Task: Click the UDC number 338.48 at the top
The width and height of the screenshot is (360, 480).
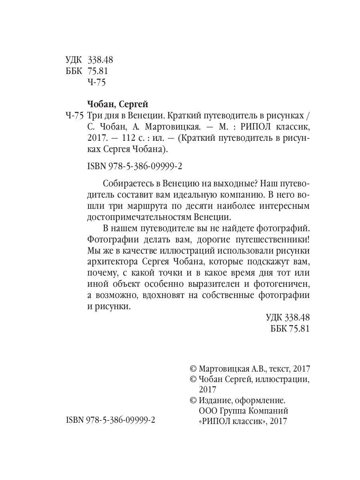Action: tap(100, 60)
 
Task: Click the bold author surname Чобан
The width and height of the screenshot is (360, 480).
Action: tap(100, 105)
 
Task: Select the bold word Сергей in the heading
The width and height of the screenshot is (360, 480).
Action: tap(134, 105)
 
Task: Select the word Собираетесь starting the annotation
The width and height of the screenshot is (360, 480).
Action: tap(128, 184)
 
